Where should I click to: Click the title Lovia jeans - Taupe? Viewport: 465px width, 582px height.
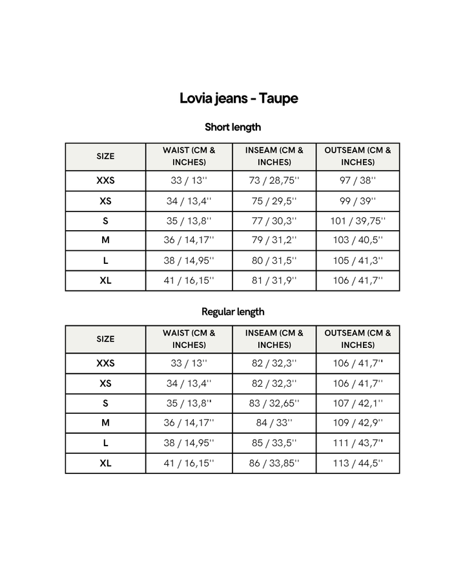pyautogui.click(x=238, y=98)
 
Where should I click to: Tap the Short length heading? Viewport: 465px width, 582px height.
pyautogui.click(x=232, y=127)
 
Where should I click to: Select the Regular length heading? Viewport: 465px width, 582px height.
pyautogui.click(x=232, y=312)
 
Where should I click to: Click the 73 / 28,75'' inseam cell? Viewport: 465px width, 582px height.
pyautogui.click(x=274, y=180)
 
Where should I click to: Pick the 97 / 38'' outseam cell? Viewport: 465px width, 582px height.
pyautogui.click(x=358, y=180)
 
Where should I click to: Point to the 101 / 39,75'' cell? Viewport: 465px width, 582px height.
pyautogui.click(x=358, y=221)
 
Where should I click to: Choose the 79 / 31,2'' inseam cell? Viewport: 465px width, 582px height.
pyautogui.click(x=274, y=241)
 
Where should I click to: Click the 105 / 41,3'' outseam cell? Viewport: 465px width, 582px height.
pyautogui.click(x=358, y=261)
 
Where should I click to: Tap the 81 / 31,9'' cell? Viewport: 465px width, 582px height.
pyautogui.click(x=274, y=281)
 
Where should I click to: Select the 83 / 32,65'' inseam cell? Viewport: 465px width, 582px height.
pyautogui.click(x=274, y=404)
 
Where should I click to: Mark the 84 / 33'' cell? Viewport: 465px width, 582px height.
pyautogui.click(x=274, y=423)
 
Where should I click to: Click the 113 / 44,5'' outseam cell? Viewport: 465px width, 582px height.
pyautogui.click(x=358, y=463)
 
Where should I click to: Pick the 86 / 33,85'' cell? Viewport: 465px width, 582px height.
pyautogui.click(x=274, y=463)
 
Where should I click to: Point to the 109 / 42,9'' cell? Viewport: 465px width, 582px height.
pyautogui.click(x=358, y=423)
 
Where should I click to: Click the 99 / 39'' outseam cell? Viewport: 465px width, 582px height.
pyautogui.click(x=358, y=201)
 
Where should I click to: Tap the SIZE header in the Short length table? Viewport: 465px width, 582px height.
pyautogui.click(x=105, y=156)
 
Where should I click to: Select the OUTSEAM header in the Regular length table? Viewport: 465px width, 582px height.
pyautogui.click(x=358, y=339)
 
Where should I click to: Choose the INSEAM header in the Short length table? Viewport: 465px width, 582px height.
pyautogui.click(x=274, y=156)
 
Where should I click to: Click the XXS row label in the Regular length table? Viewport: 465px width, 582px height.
pyautogui.click(x=105, y=363)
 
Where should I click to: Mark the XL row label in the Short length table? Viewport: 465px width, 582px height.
pyautogui.click(x=105, y=281)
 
